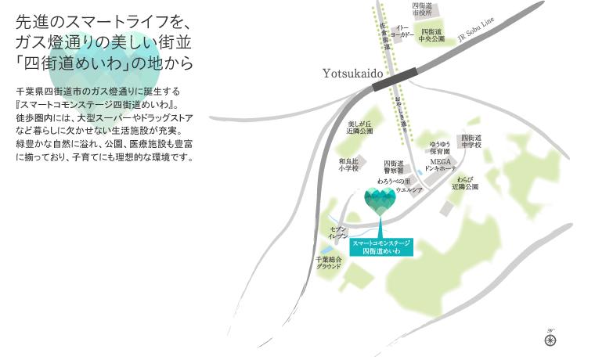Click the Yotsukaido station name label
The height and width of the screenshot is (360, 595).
pyautogui.click(x=352, y=73)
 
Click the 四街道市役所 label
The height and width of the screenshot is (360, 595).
pyautogui.click(x=424, y=9)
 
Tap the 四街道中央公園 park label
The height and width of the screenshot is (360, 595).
pyautogui.click(x=432, y=34)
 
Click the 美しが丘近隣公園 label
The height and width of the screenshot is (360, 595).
pyautogui.click(x=360, y=128)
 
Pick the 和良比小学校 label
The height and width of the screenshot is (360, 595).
pyautogui.click(x=348, y=164)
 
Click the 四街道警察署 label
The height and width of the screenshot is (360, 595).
pyautogui.click(x=392, y=165)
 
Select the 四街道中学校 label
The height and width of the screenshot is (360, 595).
pyautogui.click(x=471, y=142)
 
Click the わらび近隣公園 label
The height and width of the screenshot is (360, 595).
pyautogui.click(x=463, y=183)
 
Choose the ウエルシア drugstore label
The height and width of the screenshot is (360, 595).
pyautogui.click(x=409, y=190)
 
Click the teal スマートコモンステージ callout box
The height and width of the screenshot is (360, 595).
pyautogui.click(x=381, y=247)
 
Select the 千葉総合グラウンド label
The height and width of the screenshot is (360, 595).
pyautogui.click(x=329, y=262)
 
